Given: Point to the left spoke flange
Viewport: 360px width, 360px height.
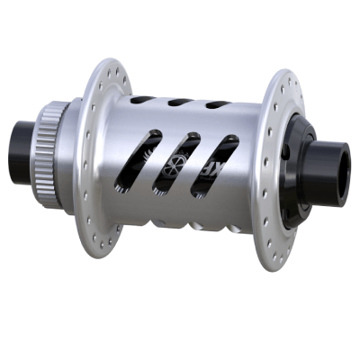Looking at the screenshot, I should tap(101, 162).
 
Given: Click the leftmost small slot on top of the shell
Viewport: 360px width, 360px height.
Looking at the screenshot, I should tap(143, 99).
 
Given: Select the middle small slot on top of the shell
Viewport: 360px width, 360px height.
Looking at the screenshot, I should tap(179, 102).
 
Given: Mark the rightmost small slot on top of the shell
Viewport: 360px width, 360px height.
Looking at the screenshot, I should tap(216, 105).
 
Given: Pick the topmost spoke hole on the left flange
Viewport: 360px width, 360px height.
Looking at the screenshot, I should tap(112, 67).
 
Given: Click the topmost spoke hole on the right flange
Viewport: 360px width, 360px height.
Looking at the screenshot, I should tap(286, 78).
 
